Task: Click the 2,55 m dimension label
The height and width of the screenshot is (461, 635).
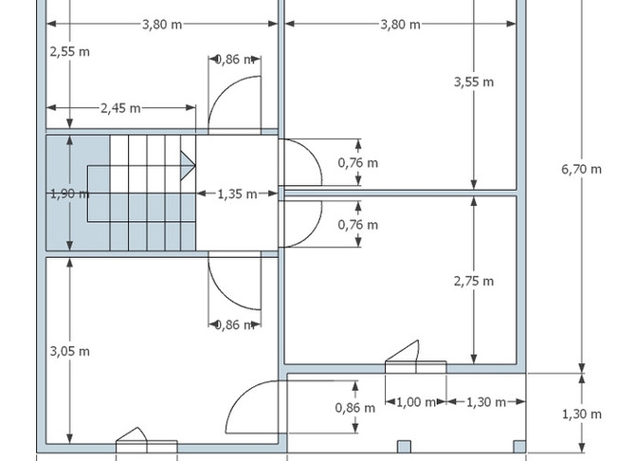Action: click(69, 52)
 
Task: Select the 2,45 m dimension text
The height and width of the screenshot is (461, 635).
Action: click(120, 108)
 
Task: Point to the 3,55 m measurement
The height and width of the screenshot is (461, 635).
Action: click(474, 83)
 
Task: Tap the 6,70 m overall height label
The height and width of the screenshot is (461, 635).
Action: click(582, 169)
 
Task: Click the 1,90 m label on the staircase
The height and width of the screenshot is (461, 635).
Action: click(69, 194)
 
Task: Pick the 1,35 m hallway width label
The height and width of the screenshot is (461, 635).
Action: click(237, 194)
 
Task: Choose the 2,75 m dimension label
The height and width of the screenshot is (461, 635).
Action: click(474, 282)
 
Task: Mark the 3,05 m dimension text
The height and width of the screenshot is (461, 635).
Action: click(69, 351)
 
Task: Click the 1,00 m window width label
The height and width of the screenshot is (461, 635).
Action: click(416, 402)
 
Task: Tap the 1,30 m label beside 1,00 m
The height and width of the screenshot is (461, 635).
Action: click(486, 402)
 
